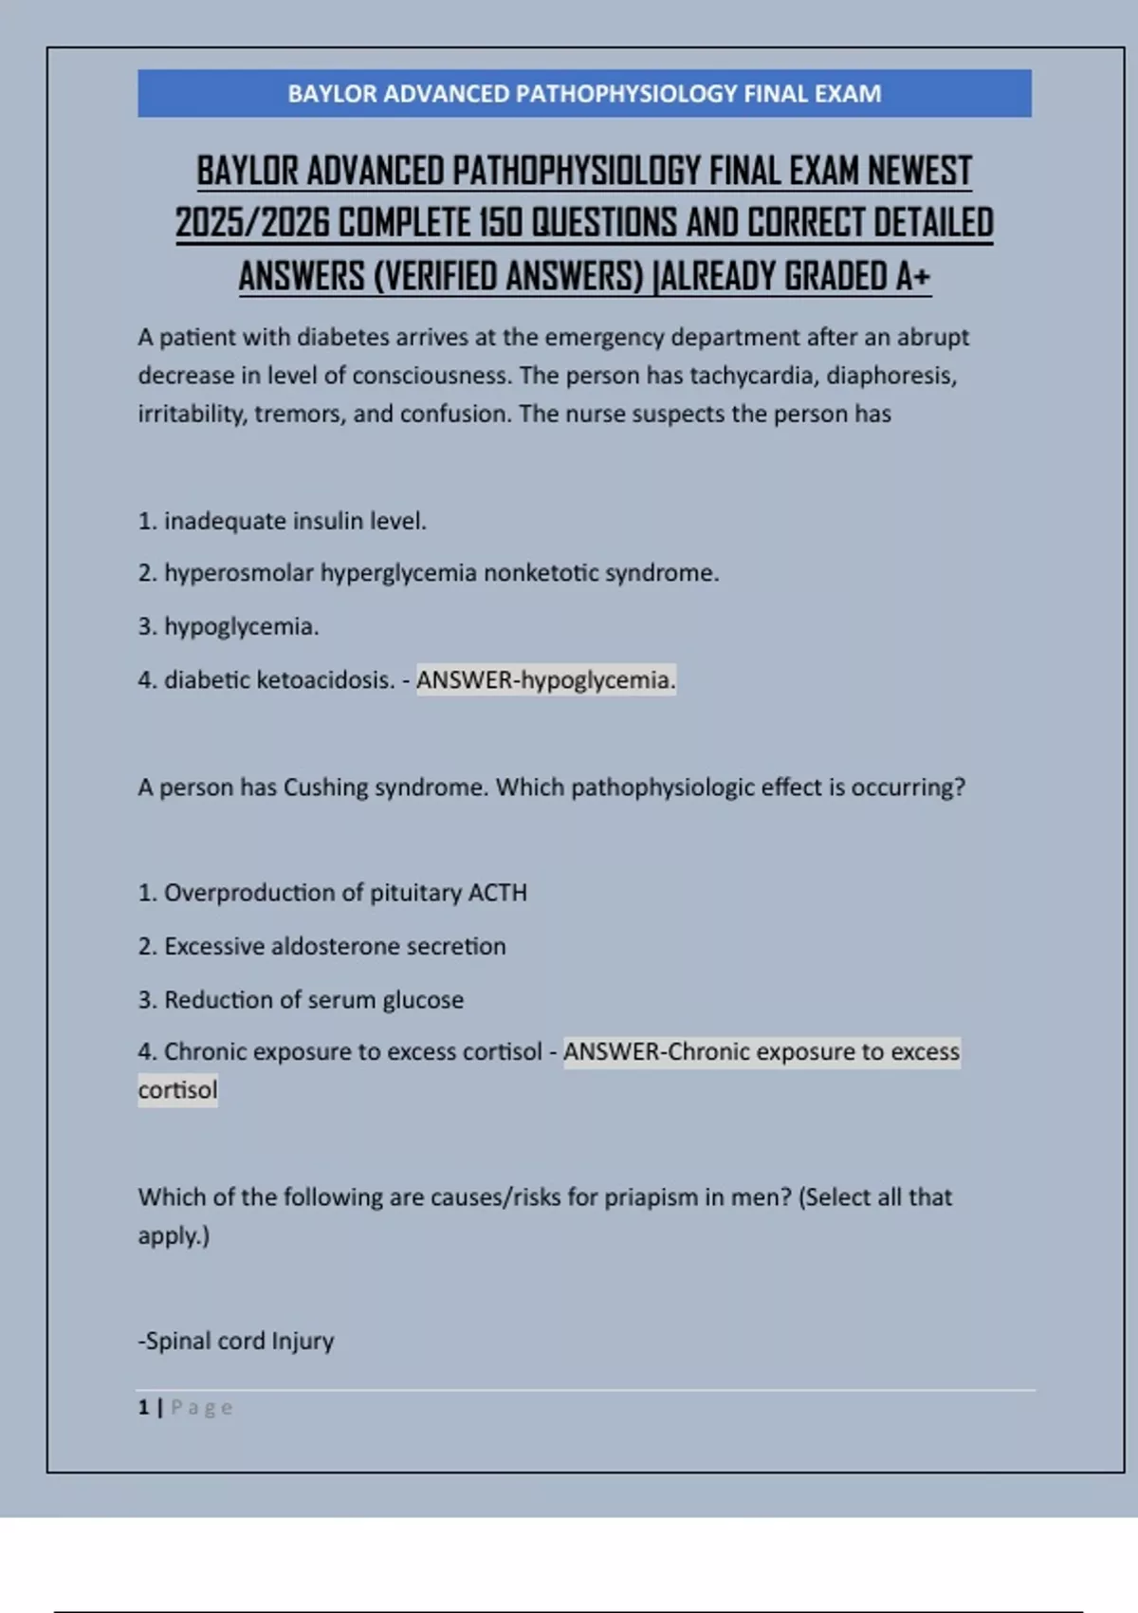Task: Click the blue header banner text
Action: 584,94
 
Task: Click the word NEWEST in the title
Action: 919,172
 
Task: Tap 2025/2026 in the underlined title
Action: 252,224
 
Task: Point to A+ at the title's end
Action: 912,277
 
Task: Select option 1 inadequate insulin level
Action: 283,521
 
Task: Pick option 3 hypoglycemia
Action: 229,626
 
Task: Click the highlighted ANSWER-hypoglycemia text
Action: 545,680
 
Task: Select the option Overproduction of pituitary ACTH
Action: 333,893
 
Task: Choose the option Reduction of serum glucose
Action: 302,1000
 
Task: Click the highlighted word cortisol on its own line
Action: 177,1090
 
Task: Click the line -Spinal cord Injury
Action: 236,1342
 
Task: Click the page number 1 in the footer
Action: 143,1407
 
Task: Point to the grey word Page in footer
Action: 201,1407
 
